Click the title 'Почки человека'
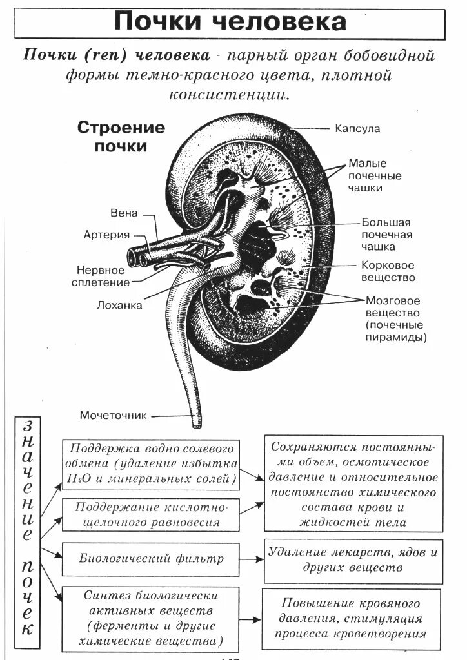tap(230, 22)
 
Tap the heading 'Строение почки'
tap(121, 136)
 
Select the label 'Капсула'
tap(357, 128)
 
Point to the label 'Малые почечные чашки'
tap(374, 175)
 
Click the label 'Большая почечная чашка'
tap(386, 234)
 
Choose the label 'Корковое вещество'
tap(388, 271)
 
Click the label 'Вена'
tap(124, 213)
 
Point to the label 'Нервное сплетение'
tap(103, 276)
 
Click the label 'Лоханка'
tap(120, 306)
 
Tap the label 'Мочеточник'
tap(114, 414)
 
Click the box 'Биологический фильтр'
tap(151, 558)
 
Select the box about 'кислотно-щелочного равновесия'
tap(151, 515)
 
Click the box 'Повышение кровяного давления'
tap(351, 619)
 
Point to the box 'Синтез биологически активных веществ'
tap(151, 619)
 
